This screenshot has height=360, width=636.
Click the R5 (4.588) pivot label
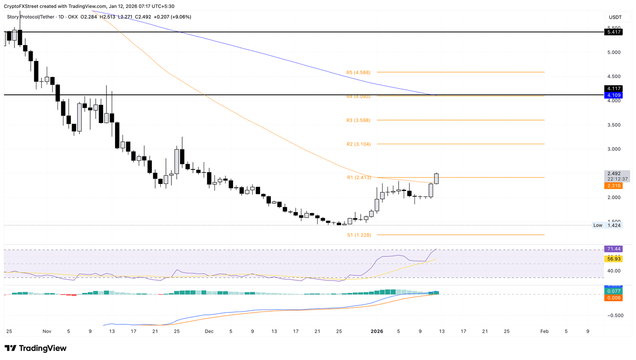pos(358,72)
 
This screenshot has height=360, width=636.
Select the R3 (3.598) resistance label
pos(358,120)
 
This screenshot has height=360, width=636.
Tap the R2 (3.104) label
pos(359,144)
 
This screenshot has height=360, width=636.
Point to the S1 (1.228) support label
pos(359,235)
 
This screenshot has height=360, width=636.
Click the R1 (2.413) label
pos(359,177)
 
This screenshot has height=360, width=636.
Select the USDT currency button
pos(615,17)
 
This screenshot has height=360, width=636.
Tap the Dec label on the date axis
pos(209,331)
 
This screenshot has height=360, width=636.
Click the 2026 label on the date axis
pos(377,331)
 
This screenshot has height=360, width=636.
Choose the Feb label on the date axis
pos(544,331)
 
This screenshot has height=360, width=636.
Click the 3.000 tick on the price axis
pos(614,149)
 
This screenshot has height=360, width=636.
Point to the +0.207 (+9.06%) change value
pos(172,17)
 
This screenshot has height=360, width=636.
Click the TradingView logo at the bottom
pos(36,348)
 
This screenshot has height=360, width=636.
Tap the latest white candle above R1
pos(436,179)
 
